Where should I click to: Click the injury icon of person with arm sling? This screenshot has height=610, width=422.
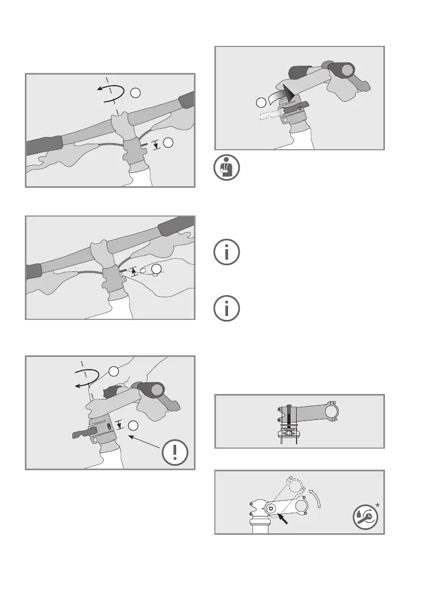227,168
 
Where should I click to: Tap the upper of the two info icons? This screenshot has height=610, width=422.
227,252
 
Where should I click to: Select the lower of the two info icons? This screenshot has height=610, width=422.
227,308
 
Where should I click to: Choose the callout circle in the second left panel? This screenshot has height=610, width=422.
157,270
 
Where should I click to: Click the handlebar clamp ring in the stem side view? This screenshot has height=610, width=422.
332,412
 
